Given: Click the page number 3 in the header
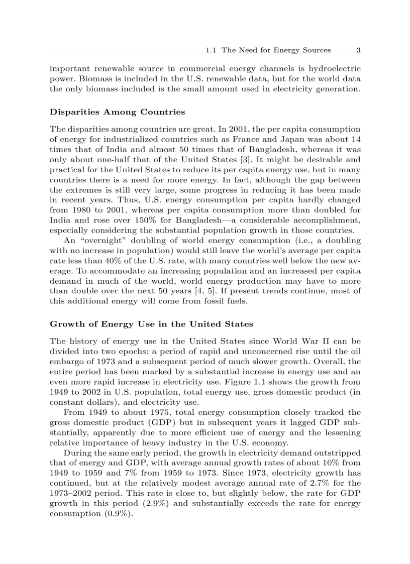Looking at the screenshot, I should pos(358,50).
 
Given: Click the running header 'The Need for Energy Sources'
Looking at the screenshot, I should pos(276,50).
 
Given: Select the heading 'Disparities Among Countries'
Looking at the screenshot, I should pos(117,111).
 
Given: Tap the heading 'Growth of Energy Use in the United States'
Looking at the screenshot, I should pos(151,324).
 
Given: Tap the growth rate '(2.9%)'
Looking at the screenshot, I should pos(187,503).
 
